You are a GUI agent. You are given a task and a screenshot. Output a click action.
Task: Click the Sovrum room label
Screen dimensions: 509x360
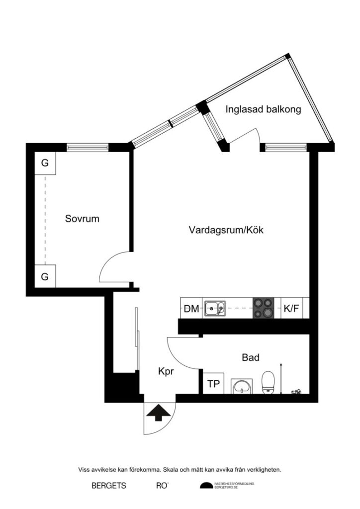coord(82,219)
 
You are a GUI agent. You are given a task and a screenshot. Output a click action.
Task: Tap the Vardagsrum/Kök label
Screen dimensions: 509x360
coord(226,230)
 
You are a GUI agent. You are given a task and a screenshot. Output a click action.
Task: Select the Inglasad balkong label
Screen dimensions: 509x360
coord(263,110)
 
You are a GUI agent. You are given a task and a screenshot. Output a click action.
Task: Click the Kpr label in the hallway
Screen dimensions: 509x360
coord(166,371)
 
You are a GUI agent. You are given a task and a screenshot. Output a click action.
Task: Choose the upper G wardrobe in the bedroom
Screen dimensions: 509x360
coord(45,163)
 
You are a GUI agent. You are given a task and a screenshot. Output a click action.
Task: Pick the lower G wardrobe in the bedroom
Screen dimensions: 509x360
coord(45,277)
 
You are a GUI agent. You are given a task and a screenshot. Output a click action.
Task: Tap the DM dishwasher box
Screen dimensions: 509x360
coord(191,309)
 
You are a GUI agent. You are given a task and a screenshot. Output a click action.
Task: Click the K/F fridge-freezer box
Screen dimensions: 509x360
coord(291,309)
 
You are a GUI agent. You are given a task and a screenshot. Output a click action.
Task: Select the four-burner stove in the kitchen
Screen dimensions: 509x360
coord(264,308)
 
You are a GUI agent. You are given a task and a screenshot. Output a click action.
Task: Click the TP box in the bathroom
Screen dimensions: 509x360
coord(213,384)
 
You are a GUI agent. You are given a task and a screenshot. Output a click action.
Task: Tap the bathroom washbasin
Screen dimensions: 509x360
coord(243,385)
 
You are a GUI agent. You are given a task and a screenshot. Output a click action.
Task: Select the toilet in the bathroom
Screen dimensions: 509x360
coord(269,382)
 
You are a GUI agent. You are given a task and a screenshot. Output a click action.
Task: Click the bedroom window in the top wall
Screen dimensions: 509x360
coord(88,147)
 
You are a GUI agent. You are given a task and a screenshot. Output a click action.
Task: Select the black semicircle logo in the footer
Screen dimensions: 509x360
coord(205,486)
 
